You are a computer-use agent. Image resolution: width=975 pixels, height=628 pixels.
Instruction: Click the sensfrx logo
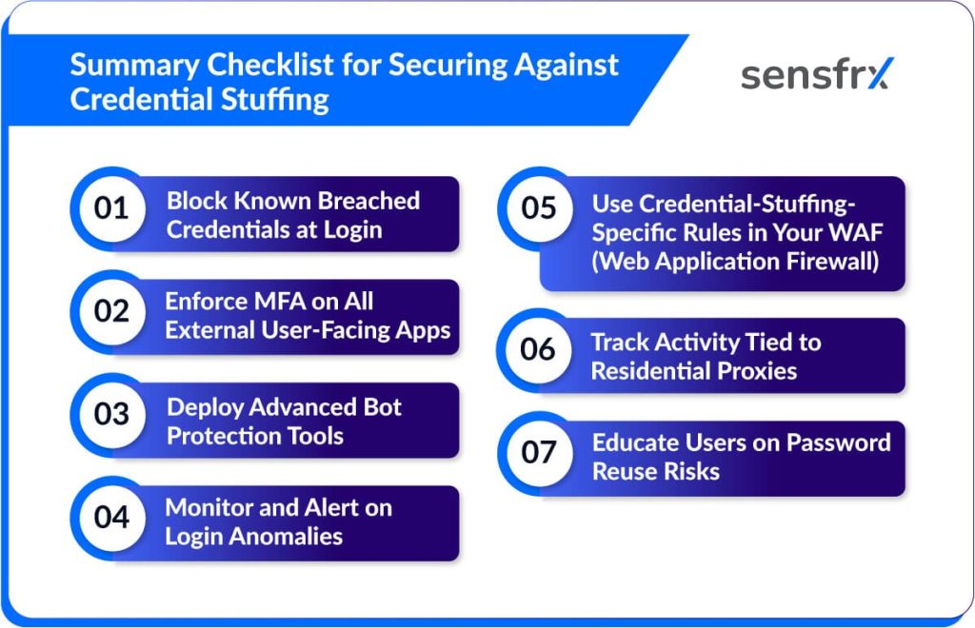(x=817, y=74)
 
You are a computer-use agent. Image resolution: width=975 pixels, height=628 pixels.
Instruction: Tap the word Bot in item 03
(x=383, y=407)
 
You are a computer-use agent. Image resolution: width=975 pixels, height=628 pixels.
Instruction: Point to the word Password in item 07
(x=839, y=442)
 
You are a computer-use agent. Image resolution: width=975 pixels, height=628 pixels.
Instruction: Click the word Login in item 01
(x=352, y=230)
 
